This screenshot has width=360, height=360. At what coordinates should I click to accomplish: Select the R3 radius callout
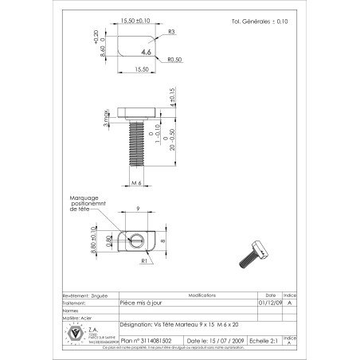(x=171, y=33)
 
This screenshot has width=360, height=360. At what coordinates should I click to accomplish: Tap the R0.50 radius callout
(x=176, y=60)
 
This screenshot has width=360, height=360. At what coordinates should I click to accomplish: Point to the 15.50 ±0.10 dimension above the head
(x=136, y=22)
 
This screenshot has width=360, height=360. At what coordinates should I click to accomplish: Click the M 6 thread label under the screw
(x=135, y=183)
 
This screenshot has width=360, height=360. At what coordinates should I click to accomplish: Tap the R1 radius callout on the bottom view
(x=147, y=260)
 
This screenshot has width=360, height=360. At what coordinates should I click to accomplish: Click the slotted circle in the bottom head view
(x=135, y=237)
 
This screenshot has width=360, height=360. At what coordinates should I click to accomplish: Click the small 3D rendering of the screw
(x=254, y=254)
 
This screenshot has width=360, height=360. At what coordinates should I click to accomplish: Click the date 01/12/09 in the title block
(x=268, y=303)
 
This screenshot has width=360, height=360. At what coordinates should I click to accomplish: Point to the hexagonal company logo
(x=76, y=333)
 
